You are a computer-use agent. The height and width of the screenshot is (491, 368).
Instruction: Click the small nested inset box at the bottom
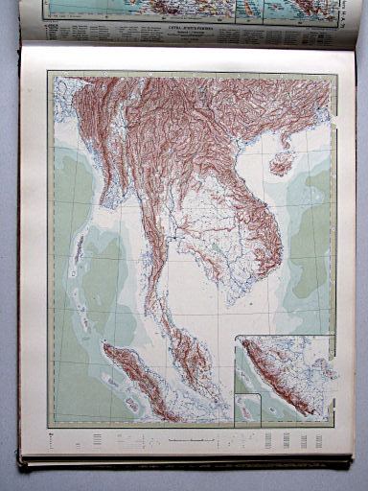248,407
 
